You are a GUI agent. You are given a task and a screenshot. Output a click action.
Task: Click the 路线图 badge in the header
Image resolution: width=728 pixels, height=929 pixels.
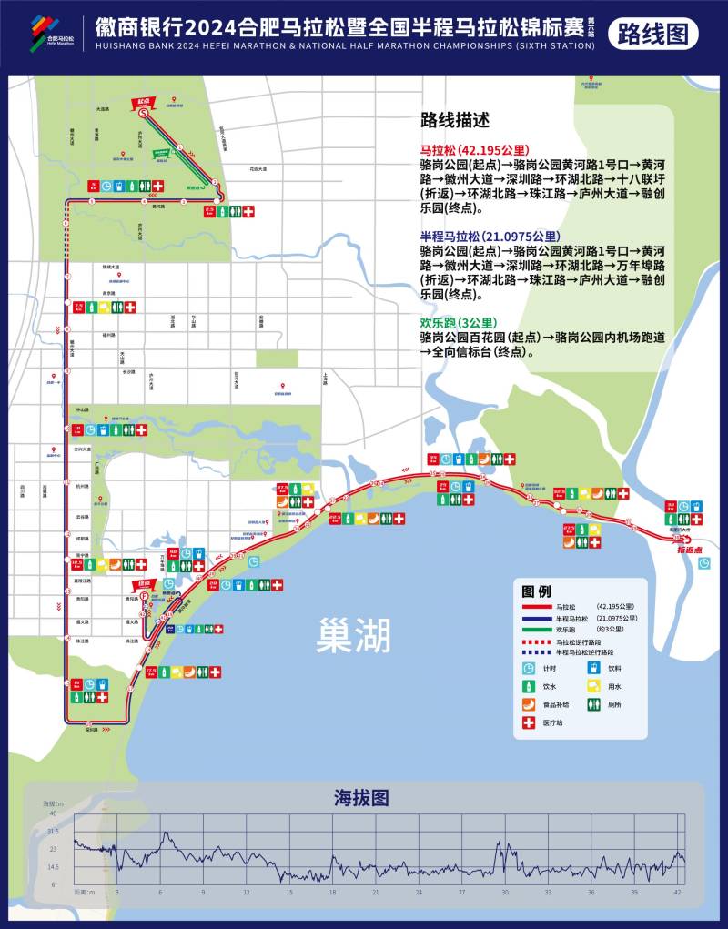tap(652, 34)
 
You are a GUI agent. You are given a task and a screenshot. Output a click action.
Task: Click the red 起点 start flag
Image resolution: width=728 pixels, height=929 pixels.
tap(143, 102)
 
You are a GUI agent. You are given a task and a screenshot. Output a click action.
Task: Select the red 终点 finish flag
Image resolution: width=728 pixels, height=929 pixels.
tap(143, 585)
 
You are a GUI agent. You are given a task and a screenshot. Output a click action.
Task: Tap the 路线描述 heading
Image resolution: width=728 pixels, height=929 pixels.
tap(455, 120)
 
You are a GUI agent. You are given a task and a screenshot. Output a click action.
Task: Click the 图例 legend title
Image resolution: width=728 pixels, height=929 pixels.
tap(537, 590)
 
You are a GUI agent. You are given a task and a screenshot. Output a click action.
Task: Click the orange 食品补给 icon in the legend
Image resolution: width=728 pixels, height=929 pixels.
tap(530, 703)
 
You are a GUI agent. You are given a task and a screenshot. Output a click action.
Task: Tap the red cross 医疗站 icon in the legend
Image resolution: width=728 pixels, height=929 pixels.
tap(530, 723)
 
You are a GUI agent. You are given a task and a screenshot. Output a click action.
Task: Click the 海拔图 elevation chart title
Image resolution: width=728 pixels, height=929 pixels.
tap(362, 798)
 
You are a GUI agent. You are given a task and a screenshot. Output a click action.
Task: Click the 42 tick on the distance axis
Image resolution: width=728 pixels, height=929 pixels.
tap(677, 893)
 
